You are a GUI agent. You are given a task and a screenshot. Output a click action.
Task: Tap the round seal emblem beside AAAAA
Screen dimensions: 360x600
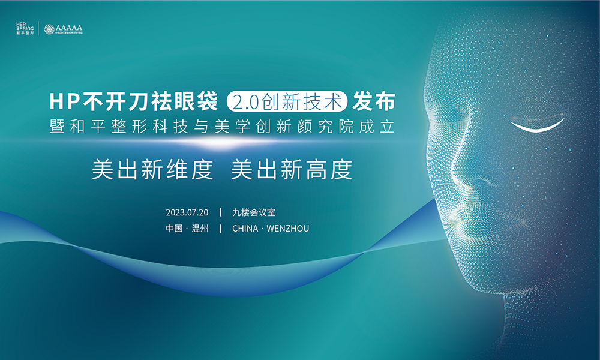point(49,29)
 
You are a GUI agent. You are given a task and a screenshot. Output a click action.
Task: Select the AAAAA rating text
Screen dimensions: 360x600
point(68,28)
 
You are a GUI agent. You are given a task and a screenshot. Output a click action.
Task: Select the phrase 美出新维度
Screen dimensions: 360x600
point(152,170)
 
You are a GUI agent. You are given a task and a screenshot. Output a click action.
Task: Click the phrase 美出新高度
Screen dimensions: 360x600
point(292,170)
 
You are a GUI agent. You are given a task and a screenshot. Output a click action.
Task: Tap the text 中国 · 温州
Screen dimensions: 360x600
point(187,229)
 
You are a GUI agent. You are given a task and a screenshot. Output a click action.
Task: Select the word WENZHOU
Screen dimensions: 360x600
point(287,229)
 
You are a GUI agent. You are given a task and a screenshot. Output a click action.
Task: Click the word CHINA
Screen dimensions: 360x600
point(244,229)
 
